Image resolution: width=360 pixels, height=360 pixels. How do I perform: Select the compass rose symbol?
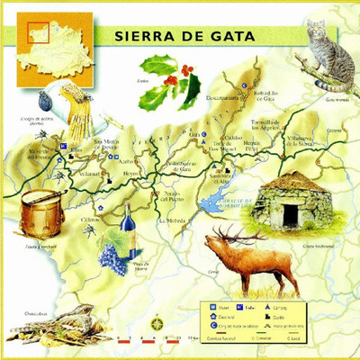click(157, 321)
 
